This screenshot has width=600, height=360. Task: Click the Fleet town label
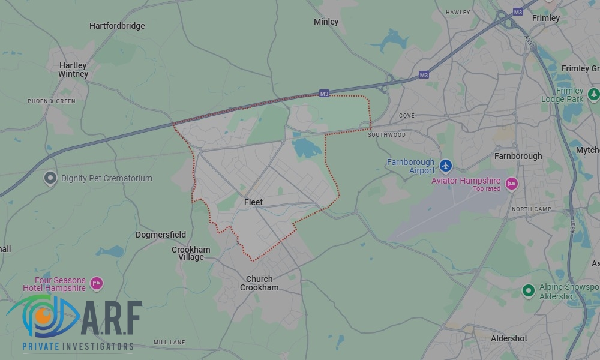253,202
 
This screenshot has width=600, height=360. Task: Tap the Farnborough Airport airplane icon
445,165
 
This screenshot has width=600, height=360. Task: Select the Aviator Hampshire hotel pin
511,184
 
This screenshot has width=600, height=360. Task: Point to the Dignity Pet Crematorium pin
51,178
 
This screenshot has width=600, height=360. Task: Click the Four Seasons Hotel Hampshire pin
96,283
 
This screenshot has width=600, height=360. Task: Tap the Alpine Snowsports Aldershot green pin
528,290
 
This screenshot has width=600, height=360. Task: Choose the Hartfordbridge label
117,26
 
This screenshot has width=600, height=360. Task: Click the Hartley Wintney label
73,70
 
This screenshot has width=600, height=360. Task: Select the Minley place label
326,22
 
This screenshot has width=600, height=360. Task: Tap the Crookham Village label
191,253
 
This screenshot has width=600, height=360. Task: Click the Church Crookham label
259,283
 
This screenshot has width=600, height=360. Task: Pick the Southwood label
386,135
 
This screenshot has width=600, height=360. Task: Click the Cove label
406,115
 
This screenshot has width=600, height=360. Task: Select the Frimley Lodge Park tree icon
593,94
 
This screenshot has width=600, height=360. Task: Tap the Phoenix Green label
52,101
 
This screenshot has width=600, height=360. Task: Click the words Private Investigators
78,346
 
